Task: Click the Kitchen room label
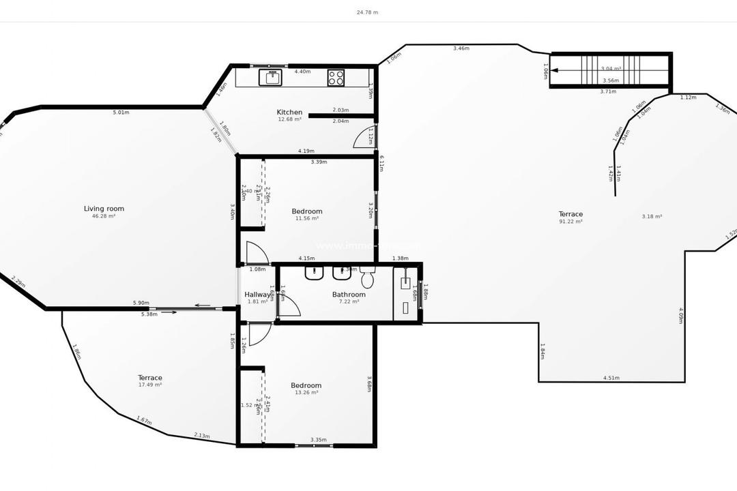[289, 113]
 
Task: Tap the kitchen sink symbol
[270, 77]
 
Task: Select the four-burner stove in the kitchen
[336, 77]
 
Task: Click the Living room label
[104, 209]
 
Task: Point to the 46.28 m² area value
[104, 216]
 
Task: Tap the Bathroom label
[349, 295]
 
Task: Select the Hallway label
[258, 295]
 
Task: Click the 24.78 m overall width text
[367, 12]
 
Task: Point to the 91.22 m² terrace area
[570, 222]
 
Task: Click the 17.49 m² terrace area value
[150, 385]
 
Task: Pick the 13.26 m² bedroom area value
[306, 393]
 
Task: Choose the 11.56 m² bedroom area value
[306, 218]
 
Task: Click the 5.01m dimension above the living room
[121, 113]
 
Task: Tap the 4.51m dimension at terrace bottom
[611, 378]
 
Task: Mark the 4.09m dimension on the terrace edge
[681, 315]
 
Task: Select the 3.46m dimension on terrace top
[461, 48]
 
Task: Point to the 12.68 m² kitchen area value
[289, 119]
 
